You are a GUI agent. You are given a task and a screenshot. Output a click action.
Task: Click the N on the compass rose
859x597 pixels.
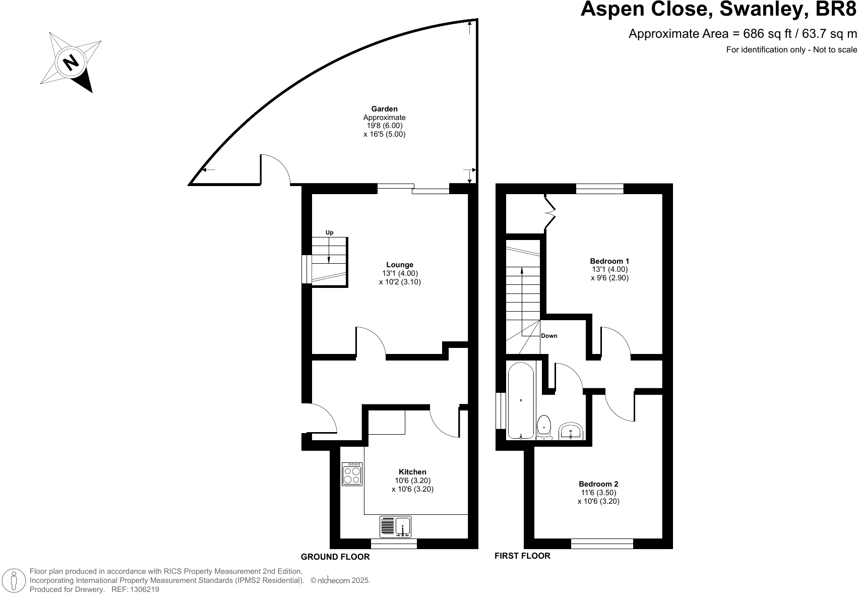71,63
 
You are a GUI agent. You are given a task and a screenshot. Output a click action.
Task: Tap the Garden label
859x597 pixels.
384,109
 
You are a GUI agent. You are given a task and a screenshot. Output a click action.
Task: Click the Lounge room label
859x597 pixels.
400,265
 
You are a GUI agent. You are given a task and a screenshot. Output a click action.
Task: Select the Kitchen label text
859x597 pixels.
412,472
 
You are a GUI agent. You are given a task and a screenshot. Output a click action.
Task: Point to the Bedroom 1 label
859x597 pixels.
609,261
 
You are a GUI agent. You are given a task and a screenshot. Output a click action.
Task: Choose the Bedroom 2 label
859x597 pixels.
598,484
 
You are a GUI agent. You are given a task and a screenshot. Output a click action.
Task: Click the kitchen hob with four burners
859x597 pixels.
352,474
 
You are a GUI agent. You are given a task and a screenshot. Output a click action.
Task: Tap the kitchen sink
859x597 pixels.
395,526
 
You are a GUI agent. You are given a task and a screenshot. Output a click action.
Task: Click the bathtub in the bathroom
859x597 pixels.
521,400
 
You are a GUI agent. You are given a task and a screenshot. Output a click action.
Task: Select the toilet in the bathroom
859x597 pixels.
544,428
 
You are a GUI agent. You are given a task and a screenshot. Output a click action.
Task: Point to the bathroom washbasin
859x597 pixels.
571,431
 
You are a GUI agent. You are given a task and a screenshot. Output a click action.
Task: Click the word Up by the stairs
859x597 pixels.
329,232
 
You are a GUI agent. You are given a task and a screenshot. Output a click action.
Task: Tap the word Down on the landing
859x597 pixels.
549,336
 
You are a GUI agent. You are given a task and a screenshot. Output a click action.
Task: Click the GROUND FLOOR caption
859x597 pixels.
335,557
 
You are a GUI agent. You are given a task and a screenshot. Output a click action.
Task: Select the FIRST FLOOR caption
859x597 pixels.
522,556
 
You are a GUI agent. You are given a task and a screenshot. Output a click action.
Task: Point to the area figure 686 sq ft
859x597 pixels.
767,34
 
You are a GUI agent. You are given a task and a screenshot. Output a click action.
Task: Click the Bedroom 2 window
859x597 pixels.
602,544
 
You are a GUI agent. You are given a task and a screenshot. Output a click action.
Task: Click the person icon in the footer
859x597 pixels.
14,581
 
